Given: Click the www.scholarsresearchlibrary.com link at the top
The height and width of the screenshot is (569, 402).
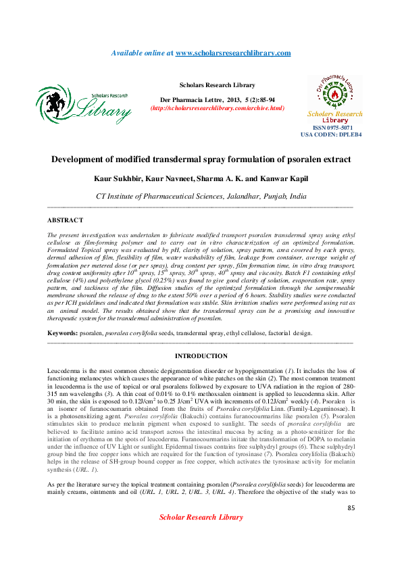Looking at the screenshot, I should click(233, 53).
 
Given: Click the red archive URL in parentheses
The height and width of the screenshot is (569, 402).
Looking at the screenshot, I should click(217, 108).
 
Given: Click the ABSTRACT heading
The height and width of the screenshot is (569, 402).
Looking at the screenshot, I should click(65, 220).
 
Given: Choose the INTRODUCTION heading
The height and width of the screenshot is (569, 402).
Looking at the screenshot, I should click(201, 356).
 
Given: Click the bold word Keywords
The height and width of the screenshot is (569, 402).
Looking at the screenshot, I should click(62, 334).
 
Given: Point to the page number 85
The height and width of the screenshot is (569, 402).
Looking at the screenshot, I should click(351, 508).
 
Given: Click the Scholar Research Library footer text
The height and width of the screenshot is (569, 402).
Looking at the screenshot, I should click(201, 518).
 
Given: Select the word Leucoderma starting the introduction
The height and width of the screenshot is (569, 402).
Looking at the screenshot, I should click(66, 373).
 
